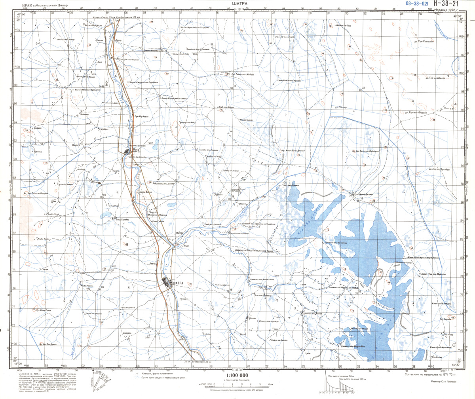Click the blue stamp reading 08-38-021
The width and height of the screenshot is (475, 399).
tap(417, 3)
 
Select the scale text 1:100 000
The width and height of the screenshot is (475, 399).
tap(237, 375)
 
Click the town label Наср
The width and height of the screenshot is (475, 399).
tap(136, 150)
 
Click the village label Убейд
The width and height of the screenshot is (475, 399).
tap(39, 151)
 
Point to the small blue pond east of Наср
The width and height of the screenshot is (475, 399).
tap(157, 141)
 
